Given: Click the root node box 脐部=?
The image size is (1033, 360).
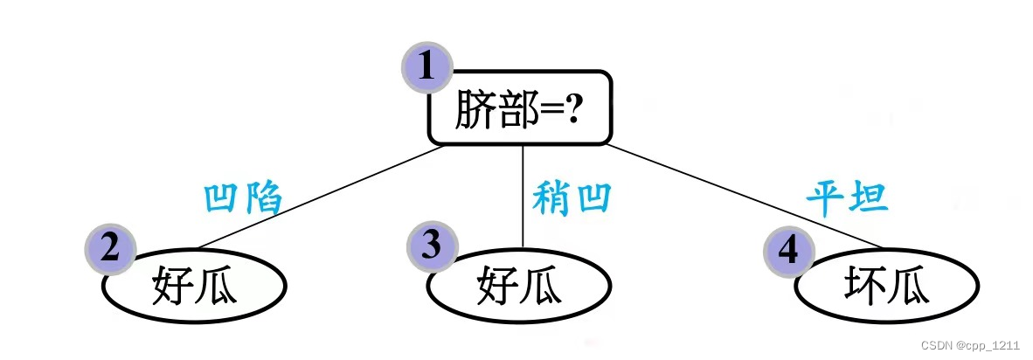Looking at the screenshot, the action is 519,108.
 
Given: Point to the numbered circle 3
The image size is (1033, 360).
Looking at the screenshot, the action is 432,246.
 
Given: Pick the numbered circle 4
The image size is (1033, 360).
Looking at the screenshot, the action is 788,251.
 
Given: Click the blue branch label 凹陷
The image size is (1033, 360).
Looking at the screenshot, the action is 242,198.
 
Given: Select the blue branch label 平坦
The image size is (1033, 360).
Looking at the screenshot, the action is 847,197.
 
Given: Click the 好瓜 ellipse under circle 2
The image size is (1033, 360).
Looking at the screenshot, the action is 195,287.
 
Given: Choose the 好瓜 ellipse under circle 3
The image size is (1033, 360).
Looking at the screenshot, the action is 519,287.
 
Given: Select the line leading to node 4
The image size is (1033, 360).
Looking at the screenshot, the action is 743,197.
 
